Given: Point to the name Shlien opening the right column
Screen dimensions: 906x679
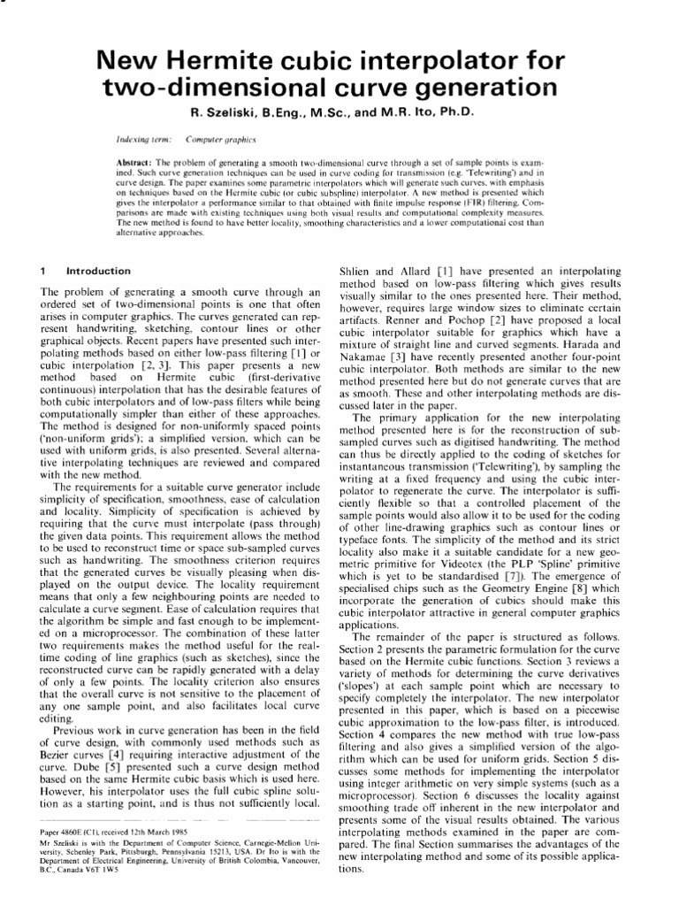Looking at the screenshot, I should click(358, 267).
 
